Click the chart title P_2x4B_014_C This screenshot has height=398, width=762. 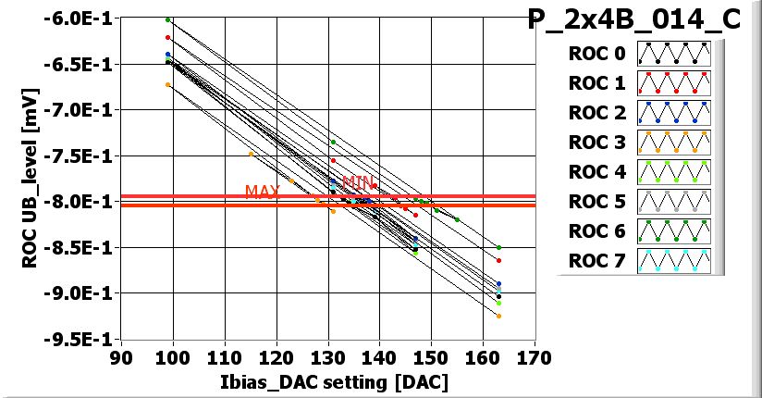[633, 21]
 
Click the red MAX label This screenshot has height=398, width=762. [263, 192]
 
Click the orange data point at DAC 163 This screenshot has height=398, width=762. [498, 316]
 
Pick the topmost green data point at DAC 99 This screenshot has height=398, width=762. [167, 19]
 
